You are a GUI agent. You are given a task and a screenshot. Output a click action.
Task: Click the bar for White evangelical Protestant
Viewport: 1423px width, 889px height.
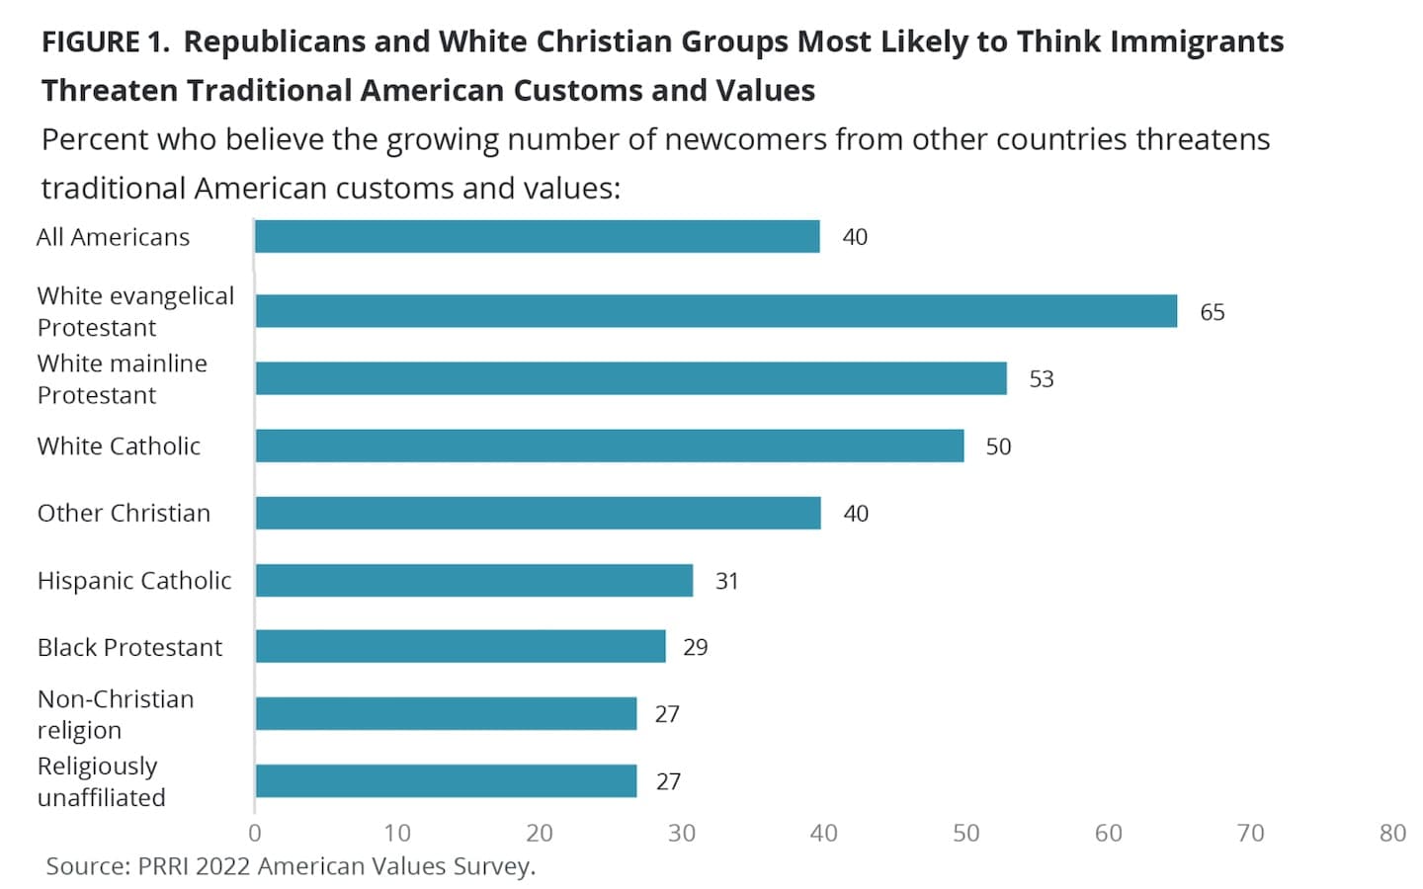(715, 311)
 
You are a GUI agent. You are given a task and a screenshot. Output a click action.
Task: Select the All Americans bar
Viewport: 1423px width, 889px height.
(538, 237)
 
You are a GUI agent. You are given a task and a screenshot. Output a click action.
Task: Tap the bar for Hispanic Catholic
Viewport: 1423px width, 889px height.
(474, 581)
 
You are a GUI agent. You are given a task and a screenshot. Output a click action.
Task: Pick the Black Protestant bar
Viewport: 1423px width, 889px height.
(460, 646)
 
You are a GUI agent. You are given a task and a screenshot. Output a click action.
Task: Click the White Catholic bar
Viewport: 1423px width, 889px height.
(610, 445)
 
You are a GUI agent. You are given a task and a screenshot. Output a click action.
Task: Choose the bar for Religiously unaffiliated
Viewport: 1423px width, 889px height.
(446, 781)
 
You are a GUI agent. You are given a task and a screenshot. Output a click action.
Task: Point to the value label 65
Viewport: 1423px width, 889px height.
(1213, 312)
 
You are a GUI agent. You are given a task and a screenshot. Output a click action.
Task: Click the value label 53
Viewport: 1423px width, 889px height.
(1042, 379)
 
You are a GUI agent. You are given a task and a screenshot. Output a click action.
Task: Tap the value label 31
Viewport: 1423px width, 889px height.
(726, 581)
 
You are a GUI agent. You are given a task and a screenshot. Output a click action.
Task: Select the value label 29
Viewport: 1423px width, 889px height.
(695, 647)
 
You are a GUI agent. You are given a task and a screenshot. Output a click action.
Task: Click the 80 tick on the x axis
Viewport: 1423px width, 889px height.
(1392, 833)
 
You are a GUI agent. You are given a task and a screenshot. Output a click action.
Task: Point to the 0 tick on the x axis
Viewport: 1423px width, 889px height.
(255, 833)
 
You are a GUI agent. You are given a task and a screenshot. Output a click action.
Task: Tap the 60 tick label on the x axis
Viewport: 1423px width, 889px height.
(1109, 833)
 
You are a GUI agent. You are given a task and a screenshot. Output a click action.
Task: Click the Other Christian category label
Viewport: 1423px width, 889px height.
(124, 513)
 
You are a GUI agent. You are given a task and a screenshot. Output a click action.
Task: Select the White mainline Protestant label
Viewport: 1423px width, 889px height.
(122, 379)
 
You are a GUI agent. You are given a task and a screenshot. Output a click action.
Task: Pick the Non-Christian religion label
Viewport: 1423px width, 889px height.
(116, 714)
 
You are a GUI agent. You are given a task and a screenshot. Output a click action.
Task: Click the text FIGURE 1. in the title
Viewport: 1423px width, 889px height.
(106, 41)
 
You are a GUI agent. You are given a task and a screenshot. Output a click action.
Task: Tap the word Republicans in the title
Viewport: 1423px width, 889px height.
(275, 41)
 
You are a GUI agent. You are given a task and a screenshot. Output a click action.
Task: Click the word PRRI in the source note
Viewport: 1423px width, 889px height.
(162, 866)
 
